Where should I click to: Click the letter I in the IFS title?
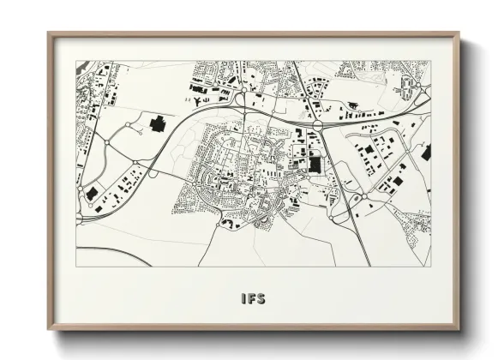(243, 299)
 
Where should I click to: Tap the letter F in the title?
(251, 299)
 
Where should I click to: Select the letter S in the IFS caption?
(261, 299)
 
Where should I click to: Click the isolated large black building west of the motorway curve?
(158, 124)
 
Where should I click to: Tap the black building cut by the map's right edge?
(426, 153)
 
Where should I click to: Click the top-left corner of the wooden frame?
(49, 33)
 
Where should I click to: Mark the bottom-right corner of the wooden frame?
(459, 329)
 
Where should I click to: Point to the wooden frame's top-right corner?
(459, 33)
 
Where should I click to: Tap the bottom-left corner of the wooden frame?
(49, 329)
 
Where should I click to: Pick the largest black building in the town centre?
(315, 163)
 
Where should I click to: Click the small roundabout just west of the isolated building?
(129, 125)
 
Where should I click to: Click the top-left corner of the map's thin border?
(76, 61)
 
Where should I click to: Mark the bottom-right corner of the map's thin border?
(431, 266)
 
